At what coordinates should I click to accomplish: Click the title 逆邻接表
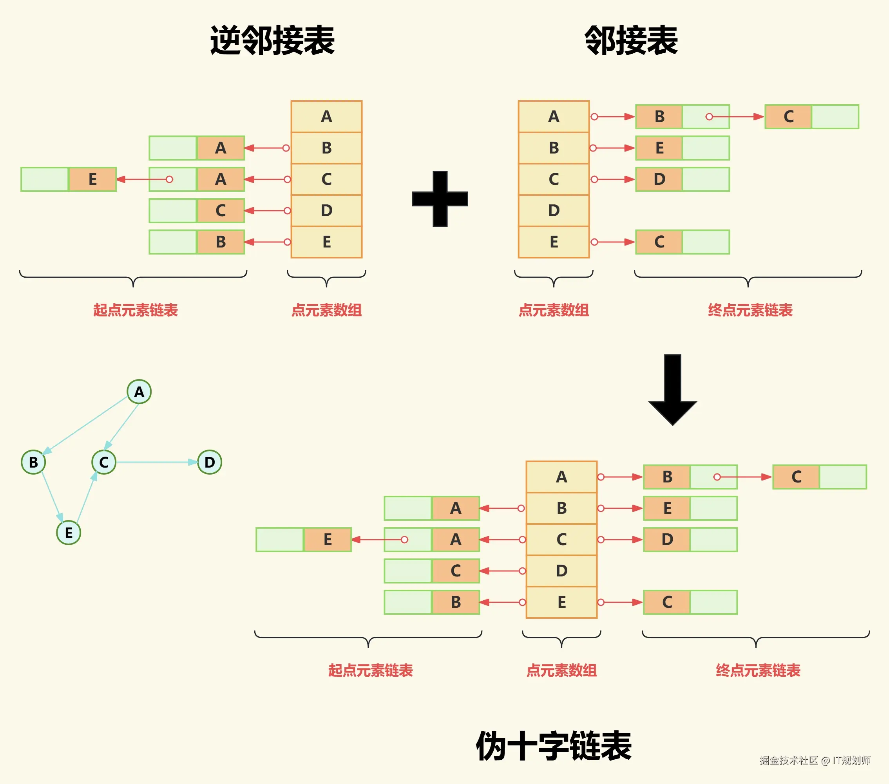(272, 40)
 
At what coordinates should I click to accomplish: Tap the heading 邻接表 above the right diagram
(631, 40)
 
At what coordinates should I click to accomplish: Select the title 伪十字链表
(553, 746)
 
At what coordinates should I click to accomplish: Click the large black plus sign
(440, 199)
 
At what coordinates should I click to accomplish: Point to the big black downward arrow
(672, 389)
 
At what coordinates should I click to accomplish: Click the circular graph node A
(139, 392)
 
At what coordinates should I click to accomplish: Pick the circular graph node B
(33, 462)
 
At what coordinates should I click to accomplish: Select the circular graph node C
(103, 462)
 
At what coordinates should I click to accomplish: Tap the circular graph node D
(210, 462)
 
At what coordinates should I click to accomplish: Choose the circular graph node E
(69, 533)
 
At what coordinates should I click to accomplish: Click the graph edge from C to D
(154, 462)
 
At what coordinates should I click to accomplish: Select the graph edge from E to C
(86, 499)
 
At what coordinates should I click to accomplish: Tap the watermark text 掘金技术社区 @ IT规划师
(815, 760)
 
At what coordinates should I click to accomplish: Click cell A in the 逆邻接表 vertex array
(326, 117)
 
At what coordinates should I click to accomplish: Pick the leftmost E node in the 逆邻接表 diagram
(92, 179)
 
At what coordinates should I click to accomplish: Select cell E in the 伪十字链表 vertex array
(561, 602)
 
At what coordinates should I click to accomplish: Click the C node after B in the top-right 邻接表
(788, 117)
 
